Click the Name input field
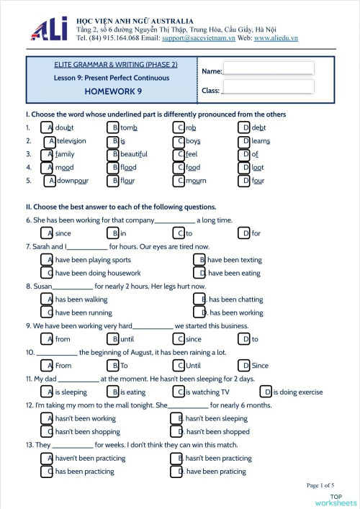coord(268,69)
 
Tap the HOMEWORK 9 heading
coord(113,91)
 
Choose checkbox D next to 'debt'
coord(245,127)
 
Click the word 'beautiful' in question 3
coord(133,154)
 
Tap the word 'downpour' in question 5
coord(72,181)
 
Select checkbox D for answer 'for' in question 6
coord(245,233)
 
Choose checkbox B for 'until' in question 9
coord(113,339)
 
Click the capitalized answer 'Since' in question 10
coord(259,366)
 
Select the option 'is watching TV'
coord(207,392)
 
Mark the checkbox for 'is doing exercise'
coord(266,392)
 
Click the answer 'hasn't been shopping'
coord(87,432)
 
